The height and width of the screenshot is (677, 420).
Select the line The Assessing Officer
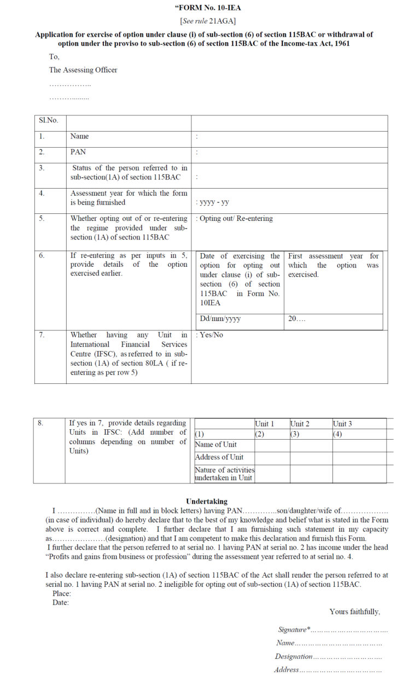(83, 70)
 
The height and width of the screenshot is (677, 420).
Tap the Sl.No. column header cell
(49, 120)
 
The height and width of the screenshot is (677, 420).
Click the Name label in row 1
(79, 136)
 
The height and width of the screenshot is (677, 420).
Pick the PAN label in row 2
(78, 152)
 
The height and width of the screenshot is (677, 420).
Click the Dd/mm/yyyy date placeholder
(220, 319)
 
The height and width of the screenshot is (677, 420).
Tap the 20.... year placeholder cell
(297, 319)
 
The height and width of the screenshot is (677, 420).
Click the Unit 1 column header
(265, 424)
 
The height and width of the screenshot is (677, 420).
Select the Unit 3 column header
(342, 424)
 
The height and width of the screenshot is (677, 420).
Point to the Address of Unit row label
(219, 457)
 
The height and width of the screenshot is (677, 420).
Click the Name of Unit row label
(216, 445)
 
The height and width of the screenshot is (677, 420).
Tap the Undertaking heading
(207, 501)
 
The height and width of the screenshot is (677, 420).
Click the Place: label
(62, 593)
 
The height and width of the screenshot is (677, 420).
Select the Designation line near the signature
(328, 656)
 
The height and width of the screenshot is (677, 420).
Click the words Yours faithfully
(354, 611)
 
